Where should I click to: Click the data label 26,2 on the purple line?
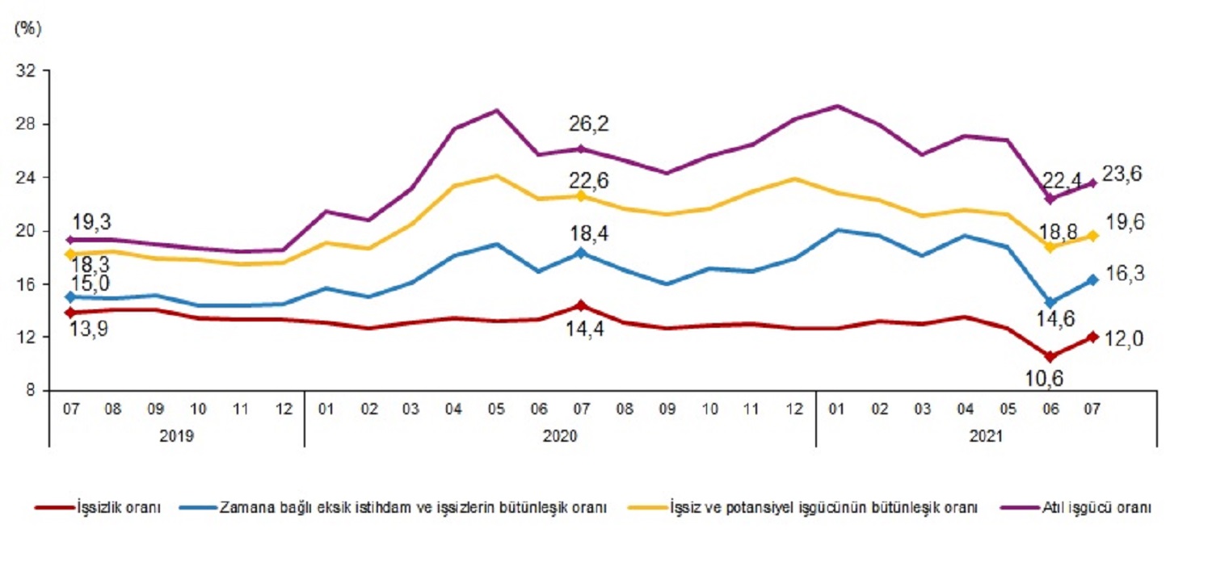[x=589, y=124]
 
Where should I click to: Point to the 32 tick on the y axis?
[x=27, y=71]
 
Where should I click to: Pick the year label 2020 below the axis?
[x=559, y=436]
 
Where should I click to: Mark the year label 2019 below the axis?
[x=176, y=436]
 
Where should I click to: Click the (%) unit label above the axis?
[x=27, y=28]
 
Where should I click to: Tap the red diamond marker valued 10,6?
[x=1050, y=356]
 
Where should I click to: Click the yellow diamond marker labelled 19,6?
[x=1092, y=235]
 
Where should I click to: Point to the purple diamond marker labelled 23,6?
[x=1092, y=183]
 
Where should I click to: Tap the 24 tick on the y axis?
[x=27, y=178]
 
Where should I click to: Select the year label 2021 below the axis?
[x=986, y=436]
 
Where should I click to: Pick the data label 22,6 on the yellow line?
[x=589, y=179]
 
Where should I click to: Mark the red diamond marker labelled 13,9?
[x=71, y=312]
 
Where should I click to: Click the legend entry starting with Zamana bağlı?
[x=413, y=508]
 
